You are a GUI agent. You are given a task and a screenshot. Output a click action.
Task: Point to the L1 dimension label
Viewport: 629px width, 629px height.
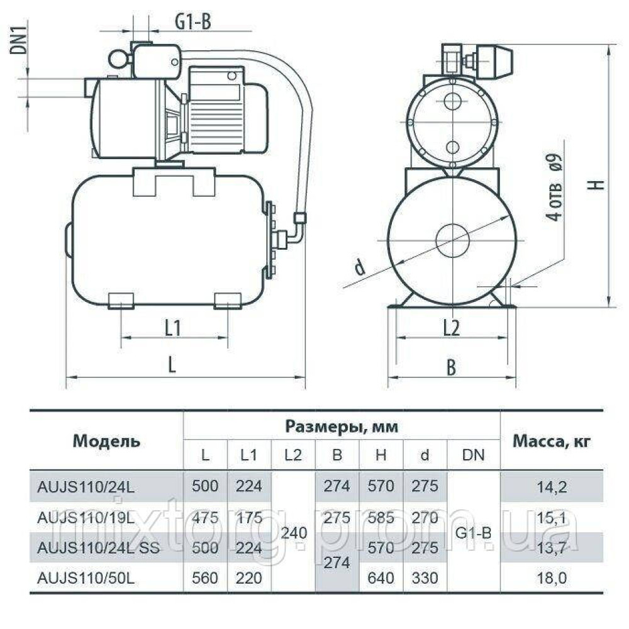pyautogui.click(x=173, y=328)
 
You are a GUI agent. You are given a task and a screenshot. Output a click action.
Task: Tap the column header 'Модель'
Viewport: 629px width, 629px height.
pyautogui.click(x=106, y=441)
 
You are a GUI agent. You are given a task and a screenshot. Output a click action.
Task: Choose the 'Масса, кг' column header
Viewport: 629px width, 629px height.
pyautogui.click(x=551, y=441)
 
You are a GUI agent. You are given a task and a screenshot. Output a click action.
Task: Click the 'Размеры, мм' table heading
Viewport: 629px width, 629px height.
pyautogui.click(x=342, y=426)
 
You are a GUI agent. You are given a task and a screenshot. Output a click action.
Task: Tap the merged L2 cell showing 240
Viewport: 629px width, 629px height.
pyautogui.click(x=293, y=533)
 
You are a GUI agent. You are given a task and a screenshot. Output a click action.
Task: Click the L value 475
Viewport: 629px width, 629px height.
pyautogui.click(x=205, y=516)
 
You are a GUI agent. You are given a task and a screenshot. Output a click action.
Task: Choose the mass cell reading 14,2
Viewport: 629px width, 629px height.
pyautogui.click(x=551, y=486)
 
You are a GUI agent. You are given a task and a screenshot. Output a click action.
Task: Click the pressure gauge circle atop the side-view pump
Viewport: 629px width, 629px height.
pyautogui.click(x=117, y=58)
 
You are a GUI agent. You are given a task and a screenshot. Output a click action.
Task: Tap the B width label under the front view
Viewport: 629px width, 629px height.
pyautogui.click(x=451, y=369)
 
